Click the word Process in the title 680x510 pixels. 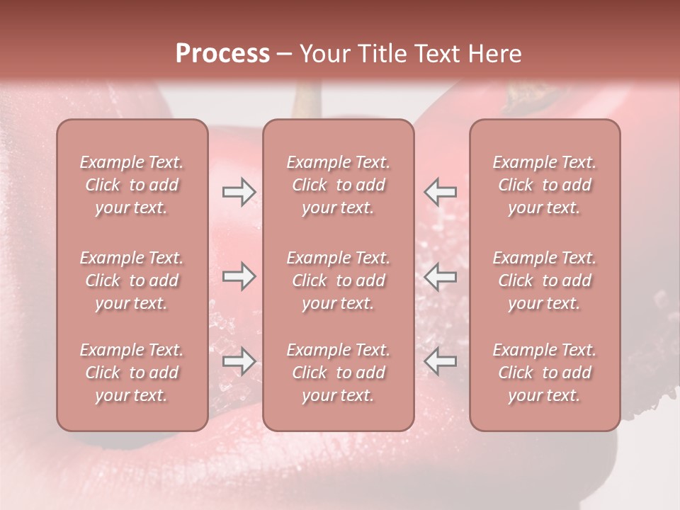pyautogui.click(x=222, y=54)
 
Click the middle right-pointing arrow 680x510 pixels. pyautogui.click(x=239, y=276)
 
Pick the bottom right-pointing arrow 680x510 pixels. pyautogui.click(x=239, y=361)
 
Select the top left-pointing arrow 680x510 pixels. pyautogui.click(x=441, y=191)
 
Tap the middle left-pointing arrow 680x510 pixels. pyautogui.click(x=441, y=276)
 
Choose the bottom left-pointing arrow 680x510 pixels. pyautogui.click(x=441, y=361)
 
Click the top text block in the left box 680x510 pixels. pyautogui.click(x=132, y=185)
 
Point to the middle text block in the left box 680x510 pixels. pyautogui.click(x=132, y=280)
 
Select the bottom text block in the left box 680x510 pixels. pyautogui.click(x=132, y=373)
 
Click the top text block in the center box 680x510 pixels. pyautogui.click(x=338, y=185)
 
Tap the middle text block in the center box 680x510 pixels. pyautogui.click(x=338, y=280)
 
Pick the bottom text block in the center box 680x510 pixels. pyautogui.click(x=338, y=373)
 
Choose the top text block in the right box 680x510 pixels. pyautogui.click(x=545, y=185)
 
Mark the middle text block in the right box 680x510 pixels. pyautogui.click(x=545, y=280)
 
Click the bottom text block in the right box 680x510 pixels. pyautogui.click(x=545, y=373)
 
